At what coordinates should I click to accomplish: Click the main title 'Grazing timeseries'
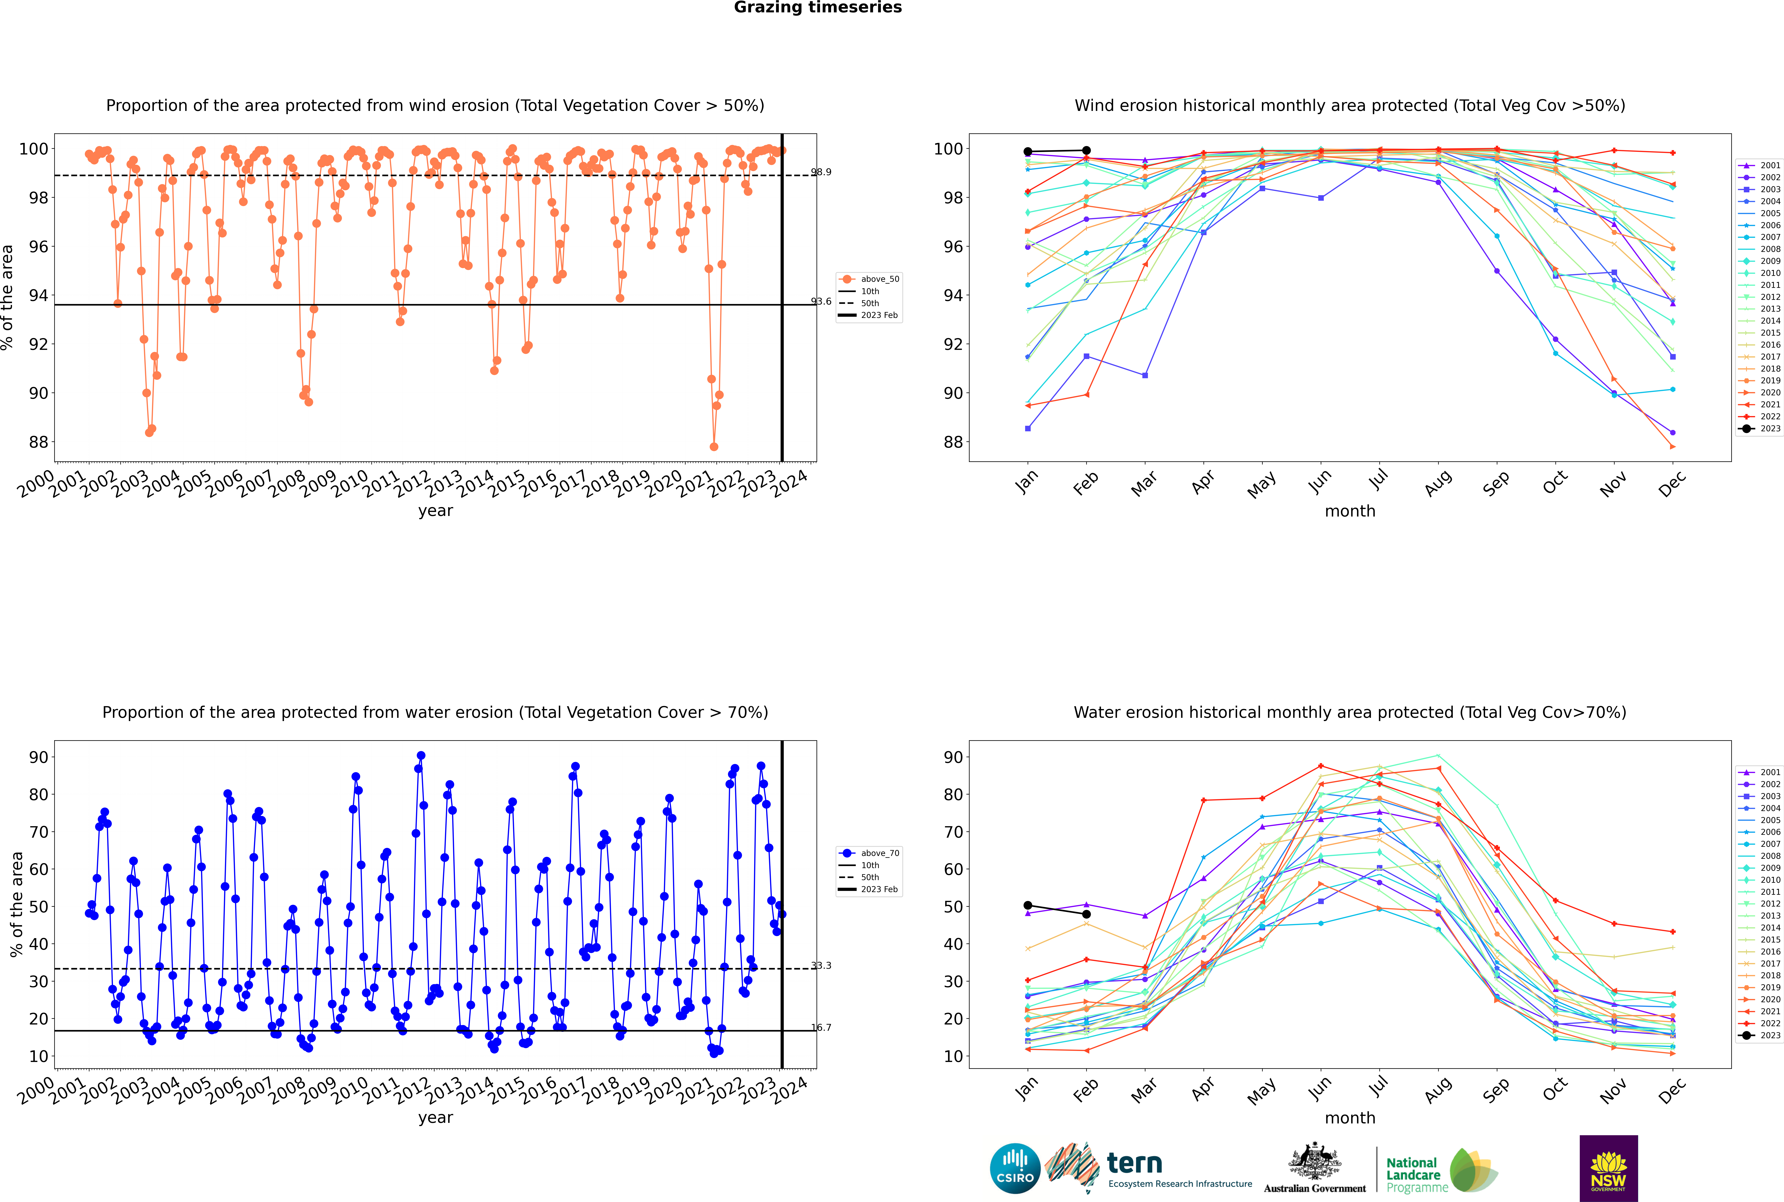click(x=818, y=8)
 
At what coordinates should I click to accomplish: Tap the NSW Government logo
click(x=1608, y=1168)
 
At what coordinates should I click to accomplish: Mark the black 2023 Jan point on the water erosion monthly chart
click(x=1028, y=905)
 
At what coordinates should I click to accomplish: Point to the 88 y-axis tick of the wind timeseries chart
click(x=37, y=442)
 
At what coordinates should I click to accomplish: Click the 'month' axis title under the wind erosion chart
click(x=1350, y=511)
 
